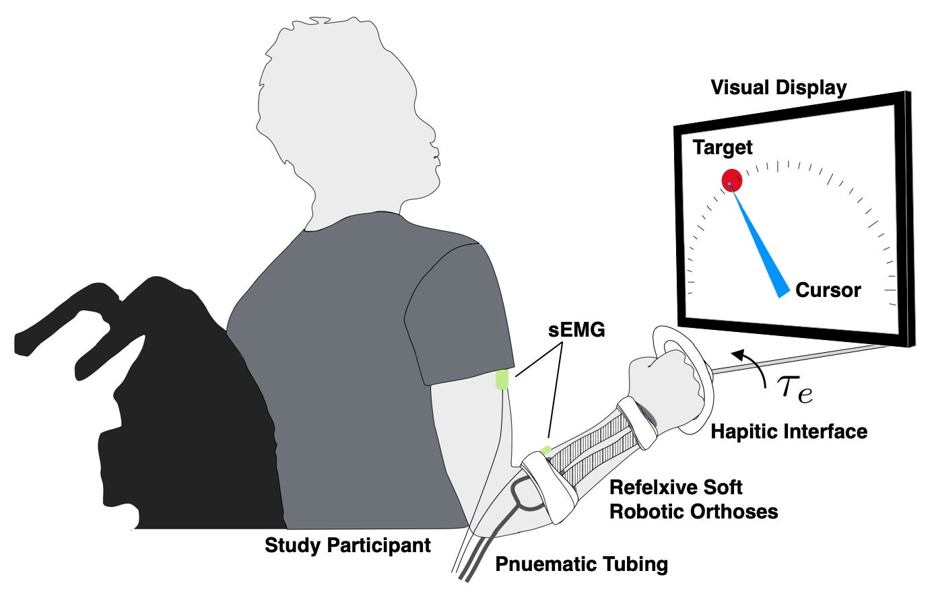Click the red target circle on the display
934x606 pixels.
coord(732,180)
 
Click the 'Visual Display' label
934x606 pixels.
coord(778,88)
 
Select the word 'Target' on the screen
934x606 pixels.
coord(723,147)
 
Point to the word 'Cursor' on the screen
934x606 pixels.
coord(828,290)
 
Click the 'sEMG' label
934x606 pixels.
coord(576,330)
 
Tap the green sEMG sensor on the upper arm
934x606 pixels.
coord(502,380)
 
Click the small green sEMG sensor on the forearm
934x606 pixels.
coord(545,449)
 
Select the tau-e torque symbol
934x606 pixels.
coord(795,389)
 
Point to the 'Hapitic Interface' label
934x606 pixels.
coord(789,431)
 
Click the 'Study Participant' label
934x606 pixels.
coord(347,545)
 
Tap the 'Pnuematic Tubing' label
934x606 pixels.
coord(581,564)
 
